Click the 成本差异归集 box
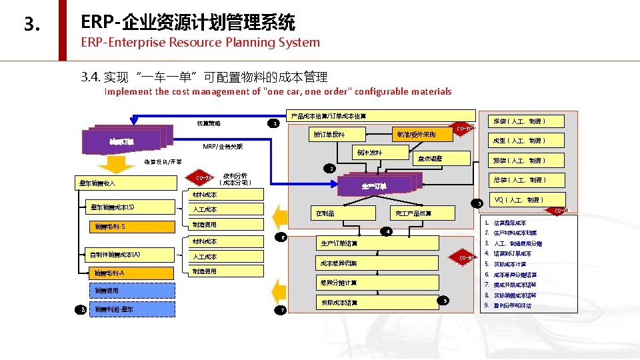pos(339,263)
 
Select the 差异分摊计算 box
pos(339,283)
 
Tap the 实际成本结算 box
pos(339,303)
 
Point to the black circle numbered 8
pos(81,309)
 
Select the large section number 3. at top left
pos(31,25)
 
